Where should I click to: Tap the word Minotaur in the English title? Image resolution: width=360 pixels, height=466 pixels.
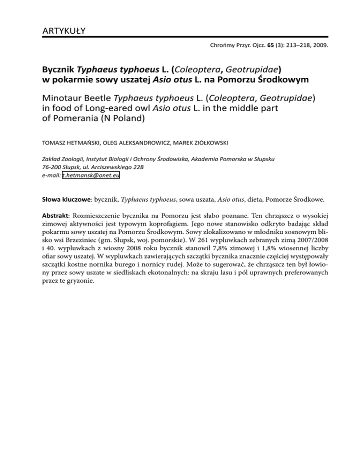57,99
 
